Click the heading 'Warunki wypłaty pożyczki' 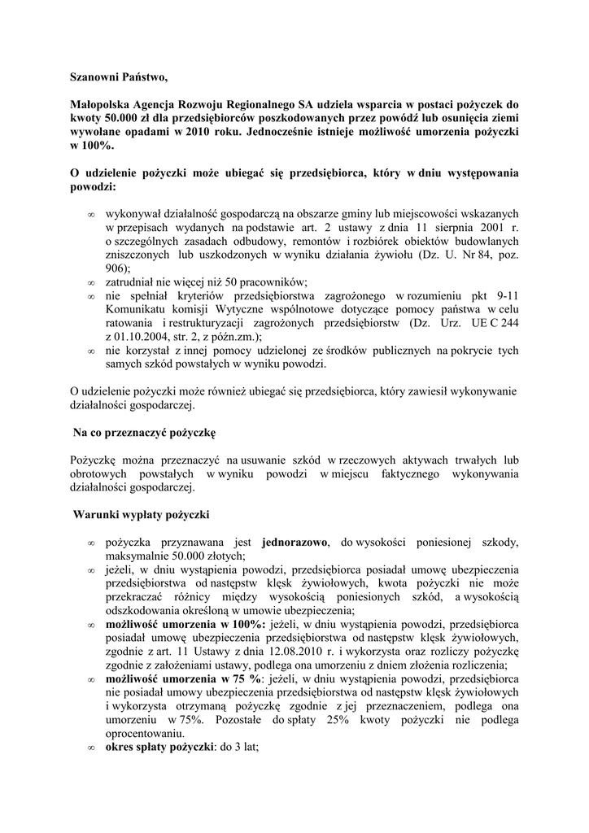(142, 515)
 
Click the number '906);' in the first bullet (117, 268)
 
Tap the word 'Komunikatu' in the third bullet (136, 310)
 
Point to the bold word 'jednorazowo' (294, 542)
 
